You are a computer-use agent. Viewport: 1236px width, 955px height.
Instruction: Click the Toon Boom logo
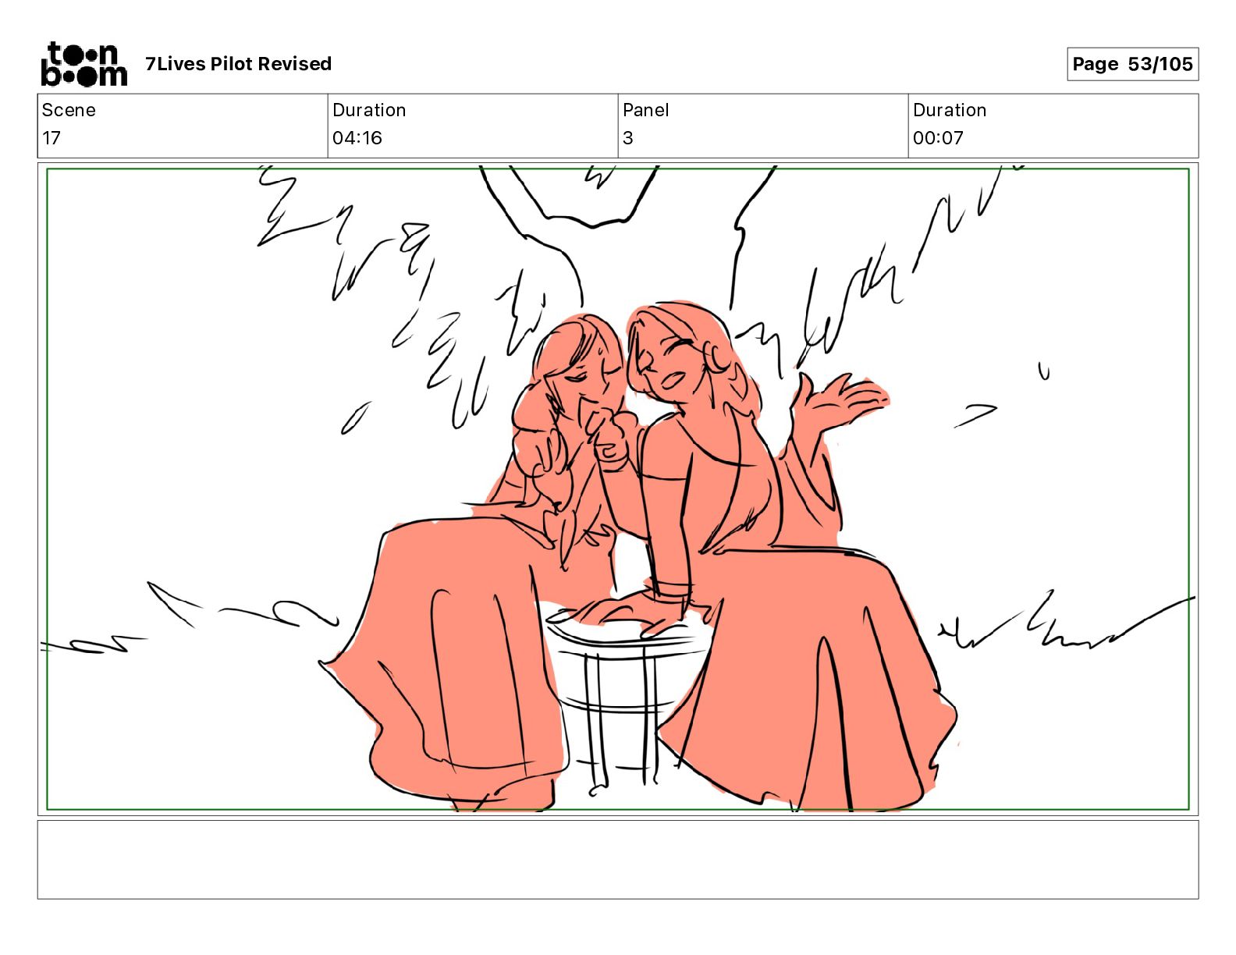(x=84, y=64)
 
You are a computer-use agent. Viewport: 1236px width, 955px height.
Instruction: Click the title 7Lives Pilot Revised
(x=238, y=64)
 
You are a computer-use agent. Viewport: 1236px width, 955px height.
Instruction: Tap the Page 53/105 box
(x=1132, y=64)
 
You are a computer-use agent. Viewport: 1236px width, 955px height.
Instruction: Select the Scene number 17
(x=51, y=138)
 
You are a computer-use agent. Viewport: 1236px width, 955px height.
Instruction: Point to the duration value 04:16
(x=357, y=138)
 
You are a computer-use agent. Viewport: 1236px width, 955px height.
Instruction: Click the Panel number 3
(x=627, y=138)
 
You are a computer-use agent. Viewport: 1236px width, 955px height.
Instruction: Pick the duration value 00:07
(x=938, y=138)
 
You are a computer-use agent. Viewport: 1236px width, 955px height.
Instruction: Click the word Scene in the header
(x=69, y=110)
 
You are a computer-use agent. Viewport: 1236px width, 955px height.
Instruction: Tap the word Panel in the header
(x=645, y=110)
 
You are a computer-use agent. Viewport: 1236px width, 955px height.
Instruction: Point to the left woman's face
(x=586, y=375)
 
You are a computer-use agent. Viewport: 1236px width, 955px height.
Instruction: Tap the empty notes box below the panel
(x=618, y=860)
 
